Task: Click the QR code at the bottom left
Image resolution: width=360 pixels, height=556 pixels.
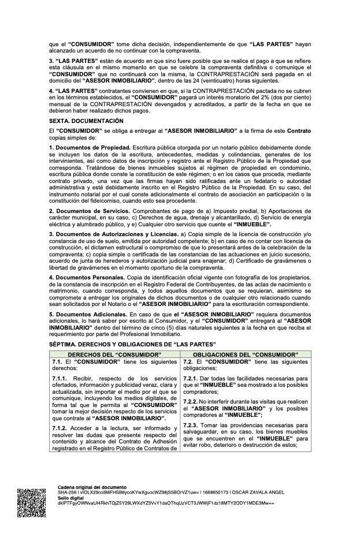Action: [31, 502]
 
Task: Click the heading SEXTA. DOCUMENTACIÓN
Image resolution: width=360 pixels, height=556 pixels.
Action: [86, 121]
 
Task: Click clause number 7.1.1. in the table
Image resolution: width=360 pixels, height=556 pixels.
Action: [58, 378]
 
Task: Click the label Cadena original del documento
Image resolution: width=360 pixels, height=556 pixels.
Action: [92, 488]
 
